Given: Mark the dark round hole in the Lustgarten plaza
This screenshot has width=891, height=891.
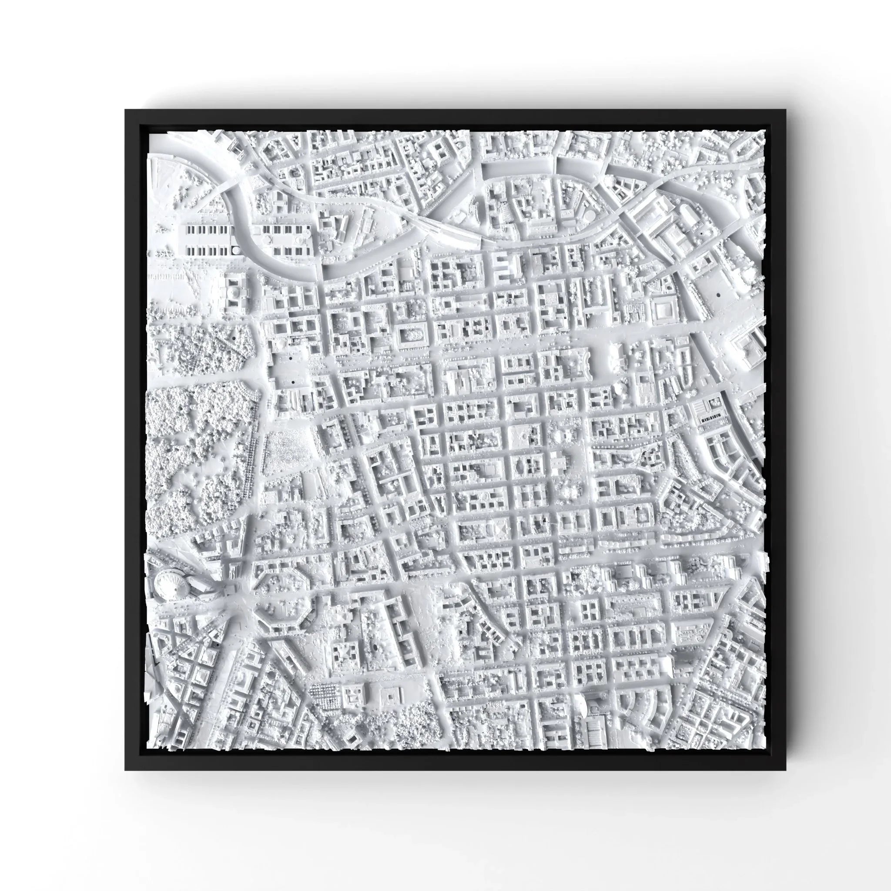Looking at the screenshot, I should click(x=718, y=294).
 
